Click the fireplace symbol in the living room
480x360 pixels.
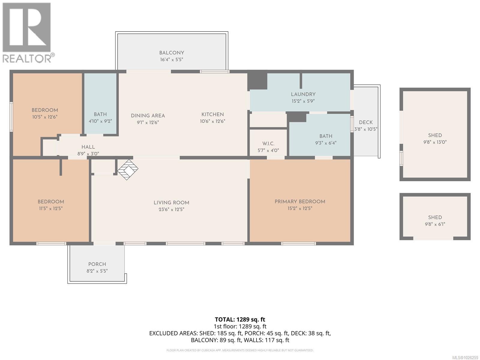[x=127, y=169]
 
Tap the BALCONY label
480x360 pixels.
[x=172, y=53]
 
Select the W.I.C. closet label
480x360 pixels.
[x=268, y=144]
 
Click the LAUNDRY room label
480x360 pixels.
[x=303, y=94]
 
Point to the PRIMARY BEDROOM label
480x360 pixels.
[x=300, y=202]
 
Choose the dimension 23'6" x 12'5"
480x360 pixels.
[x=171, y=209]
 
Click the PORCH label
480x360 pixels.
[x=97, y=264]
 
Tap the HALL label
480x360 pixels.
[x=88, y=147]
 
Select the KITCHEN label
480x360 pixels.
[x=212, y=114]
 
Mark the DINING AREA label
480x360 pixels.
[x=148, y=115]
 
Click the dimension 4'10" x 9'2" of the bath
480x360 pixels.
[x=100, y=121]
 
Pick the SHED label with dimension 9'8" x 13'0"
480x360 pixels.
[x=435, y=135]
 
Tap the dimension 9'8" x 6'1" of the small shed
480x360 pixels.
[x=435, y=224]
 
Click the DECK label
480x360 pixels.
[x=366, y=122]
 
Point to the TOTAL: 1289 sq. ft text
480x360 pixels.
[x=240, y=319]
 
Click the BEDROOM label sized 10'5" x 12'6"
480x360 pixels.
[x=45, y=110]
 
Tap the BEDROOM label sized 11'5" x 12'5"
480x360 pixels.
[x=51, y=202]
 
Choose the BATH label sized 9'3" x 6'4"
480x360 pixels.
[x=325, y=136]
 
